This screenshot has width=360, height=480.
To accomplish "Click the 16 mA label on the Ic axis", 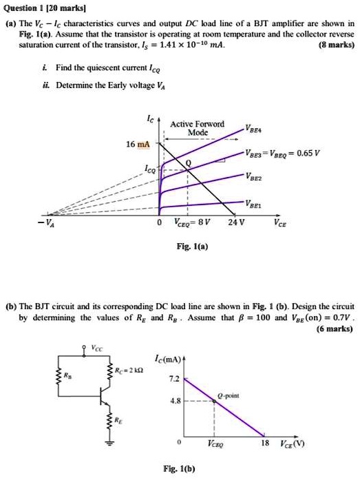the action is (x=138, y=144).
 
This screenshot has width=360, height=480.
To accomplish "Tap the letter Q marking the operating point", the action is (x=189, y=163).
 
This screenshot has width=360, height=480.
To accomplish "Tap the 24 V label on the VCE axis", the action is (x=236, y=222).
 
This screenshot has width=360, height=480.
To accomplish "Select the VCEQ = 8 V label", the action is (x=192, y=222).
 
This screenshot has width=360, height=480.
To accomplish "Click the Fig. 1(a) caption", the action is (x=192, y=246).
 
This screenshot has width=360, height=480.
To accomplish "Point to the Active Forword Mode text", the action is (x=198, y=128).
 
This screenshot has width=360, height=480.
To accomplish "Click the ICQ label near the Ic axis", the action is (x=151, y=169).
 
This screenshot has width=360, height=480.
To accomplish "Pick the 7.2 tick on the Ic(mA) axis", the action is (x=175, y=379).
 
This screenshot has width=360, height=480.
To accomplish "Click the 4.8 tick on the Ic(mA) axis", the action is (x=176, y=401).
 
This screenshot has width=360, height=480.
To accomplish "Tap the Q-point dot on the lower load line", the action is (x=214, y=401).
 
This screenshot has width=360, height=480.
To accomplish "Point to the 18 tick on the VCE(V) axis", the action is (x=265, y=443).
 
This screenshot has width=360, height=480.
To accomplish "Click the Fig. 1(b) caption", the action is (x=179, y=469).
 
